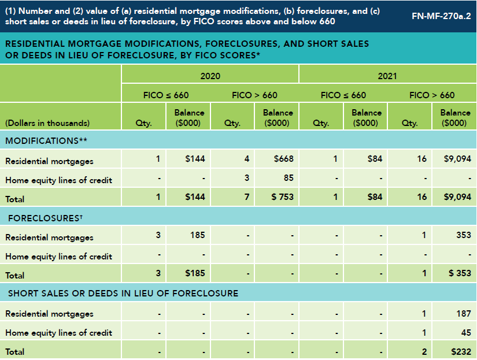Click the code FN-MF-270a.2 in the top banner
coord(441,16)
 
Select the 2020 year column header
coord(210,76)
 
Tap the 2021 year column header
coord(387,76)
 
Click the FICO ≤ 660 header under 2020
coord(166,95)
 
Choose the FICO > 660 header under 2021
coord(432,95)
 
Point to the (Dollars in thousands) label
coord(47,123)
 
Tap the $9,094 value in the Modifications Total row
coord(457,197)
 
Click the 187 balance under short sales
coord(463,313)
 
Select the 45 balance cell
coord(465,332)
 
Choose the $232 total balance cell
coord(460,351)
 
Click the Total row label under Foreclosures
coord(15,275)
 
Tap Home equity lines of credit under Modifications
coord(58,180)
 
